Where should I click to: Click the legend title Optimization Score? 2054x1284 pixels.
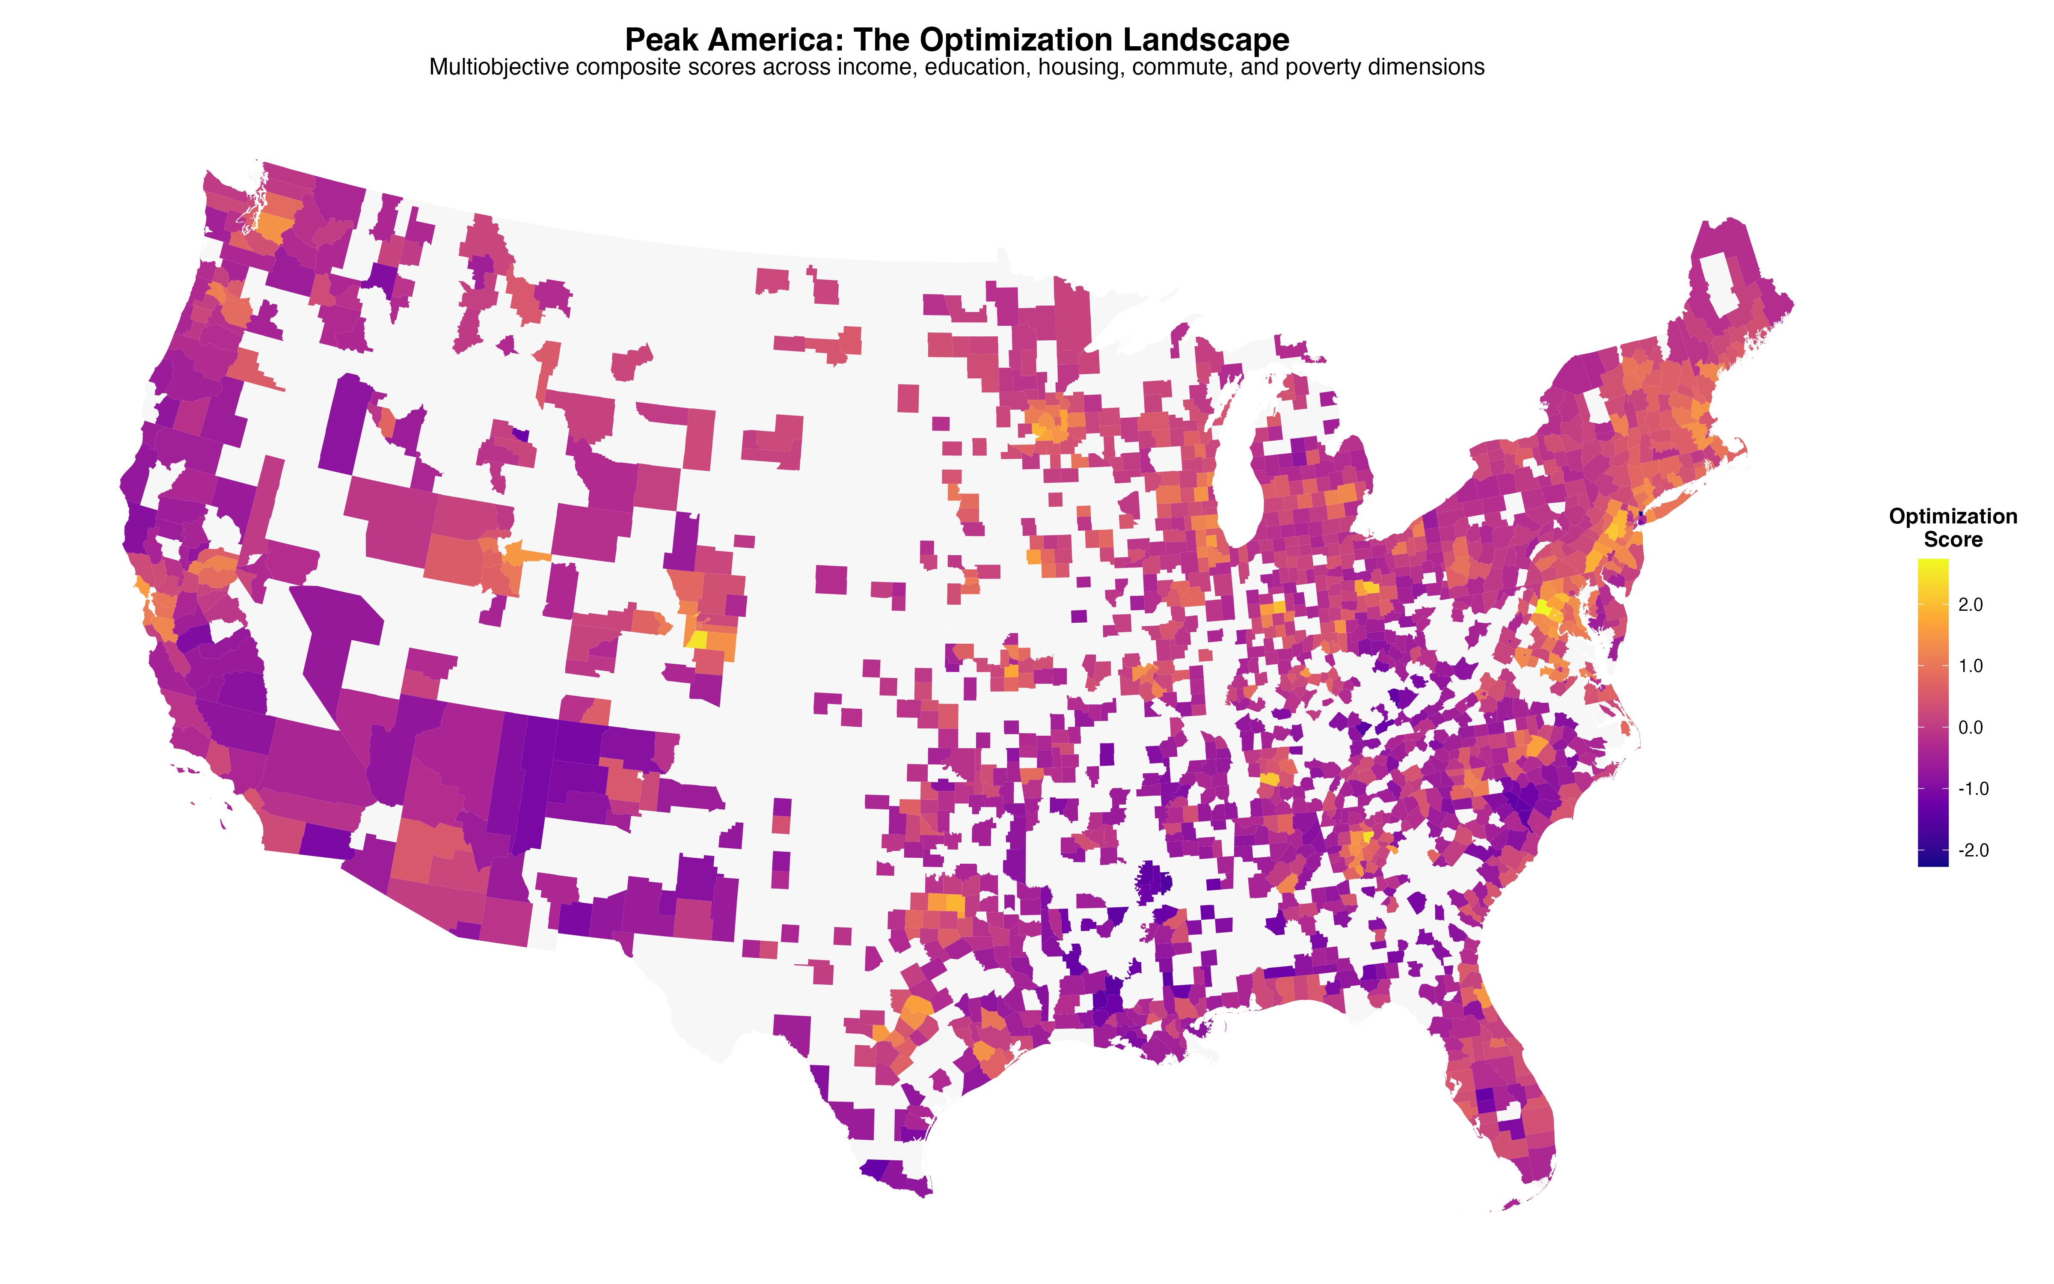pos(1952,527)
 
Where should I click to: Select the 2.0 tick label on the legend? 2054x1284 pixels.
pos(1971,605)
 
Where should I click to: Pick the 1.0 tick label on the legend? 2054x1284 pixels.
pos(1971,666)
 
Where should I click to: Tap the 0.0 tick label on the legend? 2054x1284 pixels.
pos(1971,728)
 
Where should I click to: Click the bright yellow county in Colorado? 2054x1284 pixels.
pos(697,639)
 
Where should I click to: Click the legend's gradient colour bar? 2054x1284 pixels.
pos(1932,712)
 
